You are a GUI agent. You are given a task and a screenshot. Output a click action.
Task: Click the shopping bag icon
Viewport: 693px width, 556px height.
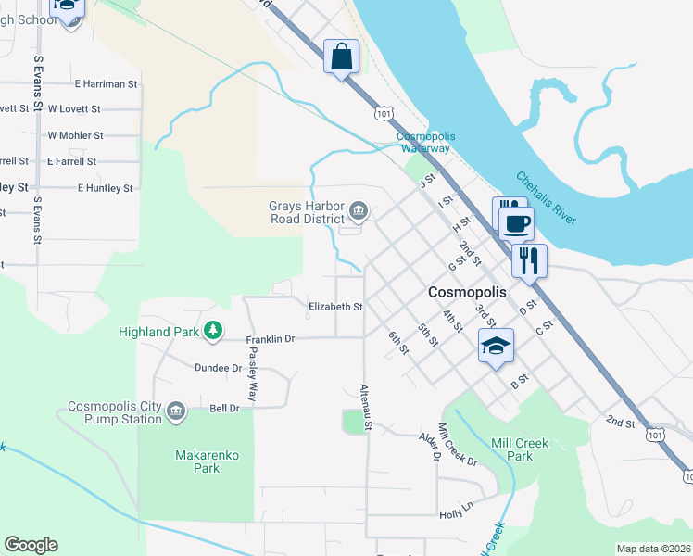point(341,57)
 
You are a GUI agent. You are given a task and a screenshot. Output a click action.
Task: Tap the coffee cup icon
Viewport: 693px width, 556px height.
point(516,222)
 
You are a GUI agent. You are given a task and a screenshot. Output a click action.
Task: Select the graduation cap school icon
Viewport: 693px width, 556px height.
point(496,347)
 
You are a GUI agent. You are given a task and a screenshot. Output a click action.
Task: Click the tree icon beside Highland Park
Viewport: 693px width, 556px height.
point(213,330)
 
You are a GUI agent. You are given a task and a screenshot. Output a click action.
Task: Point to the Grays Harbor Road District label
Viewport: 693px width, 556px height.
point(307,213)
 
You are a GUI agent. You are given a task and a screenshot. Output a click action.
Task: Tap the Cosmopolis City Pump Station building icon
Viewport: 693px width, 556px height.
point(176,411)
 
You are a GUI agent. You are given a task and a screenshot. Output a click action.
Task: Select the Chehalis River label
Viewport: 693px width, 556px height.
point(547,197)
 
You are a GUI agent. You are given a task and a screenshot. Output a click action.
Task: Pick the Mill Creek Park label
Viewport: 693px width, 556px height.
point(520,449)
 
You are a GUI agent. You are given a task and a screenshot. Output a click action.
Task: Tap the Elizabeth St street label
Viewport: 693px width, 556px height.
point(334,307)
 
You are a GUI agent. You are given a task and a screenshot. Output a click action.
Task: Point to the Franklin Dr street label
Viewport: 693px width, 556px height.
point(270,340)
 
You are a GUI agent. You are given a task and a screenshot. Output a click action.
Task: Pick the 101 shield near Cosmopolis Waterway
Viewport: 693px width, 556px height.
point(383,112)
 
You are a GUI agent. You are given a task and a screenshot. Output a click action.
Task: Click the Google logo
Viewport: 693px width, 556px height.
point(31,545)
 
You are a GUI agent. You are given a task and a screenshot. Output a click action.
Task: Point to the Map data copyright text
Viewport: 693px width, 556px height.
point(653,549)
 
